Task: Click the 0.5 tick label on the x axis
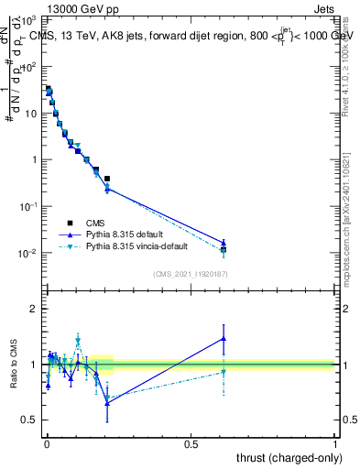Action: tap(191, 443)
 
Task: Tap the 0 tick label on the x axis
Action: tap(47, 443)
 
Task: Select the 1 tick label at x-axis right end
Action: tap(335, 443)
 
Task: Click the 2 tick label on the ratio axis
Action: tap(34, 310)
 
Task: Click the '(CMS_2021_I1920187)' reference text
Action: tap(191, 273)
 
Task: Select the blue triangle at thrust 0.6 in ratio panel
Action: tap(224, 338)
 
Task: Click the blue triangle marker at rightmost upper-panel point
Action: tap(224, 243)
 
